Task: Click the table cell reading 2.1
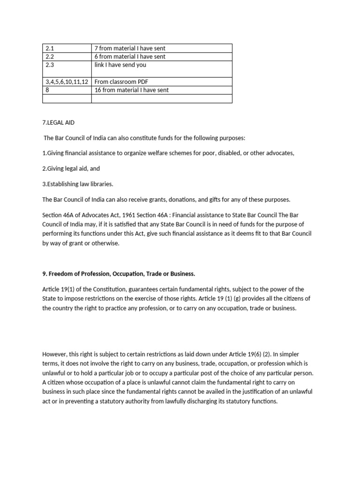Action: (x=50, y=48)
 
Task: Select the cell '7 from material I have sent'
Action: (x=130, y=48)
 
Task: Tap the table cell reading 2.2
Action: (x=50, y=57)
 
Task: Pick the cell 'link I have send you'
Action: (x=120, y=65)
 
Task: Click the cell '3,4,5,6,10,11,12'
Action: (x=66, y=82)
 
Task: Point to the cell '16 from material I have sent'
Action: (x=132, y=90)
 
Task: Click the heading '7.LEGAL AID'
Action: (x=59, y=123)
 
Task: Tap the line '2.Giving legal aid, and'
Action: (x=71, y=169)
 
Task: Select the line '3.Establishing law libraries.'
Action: (x=78, y=184)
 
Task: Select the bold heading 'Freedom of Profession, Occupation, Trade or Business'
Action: (x=124, y=273)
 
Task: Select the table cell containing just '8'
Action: (x=48, y=90)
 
